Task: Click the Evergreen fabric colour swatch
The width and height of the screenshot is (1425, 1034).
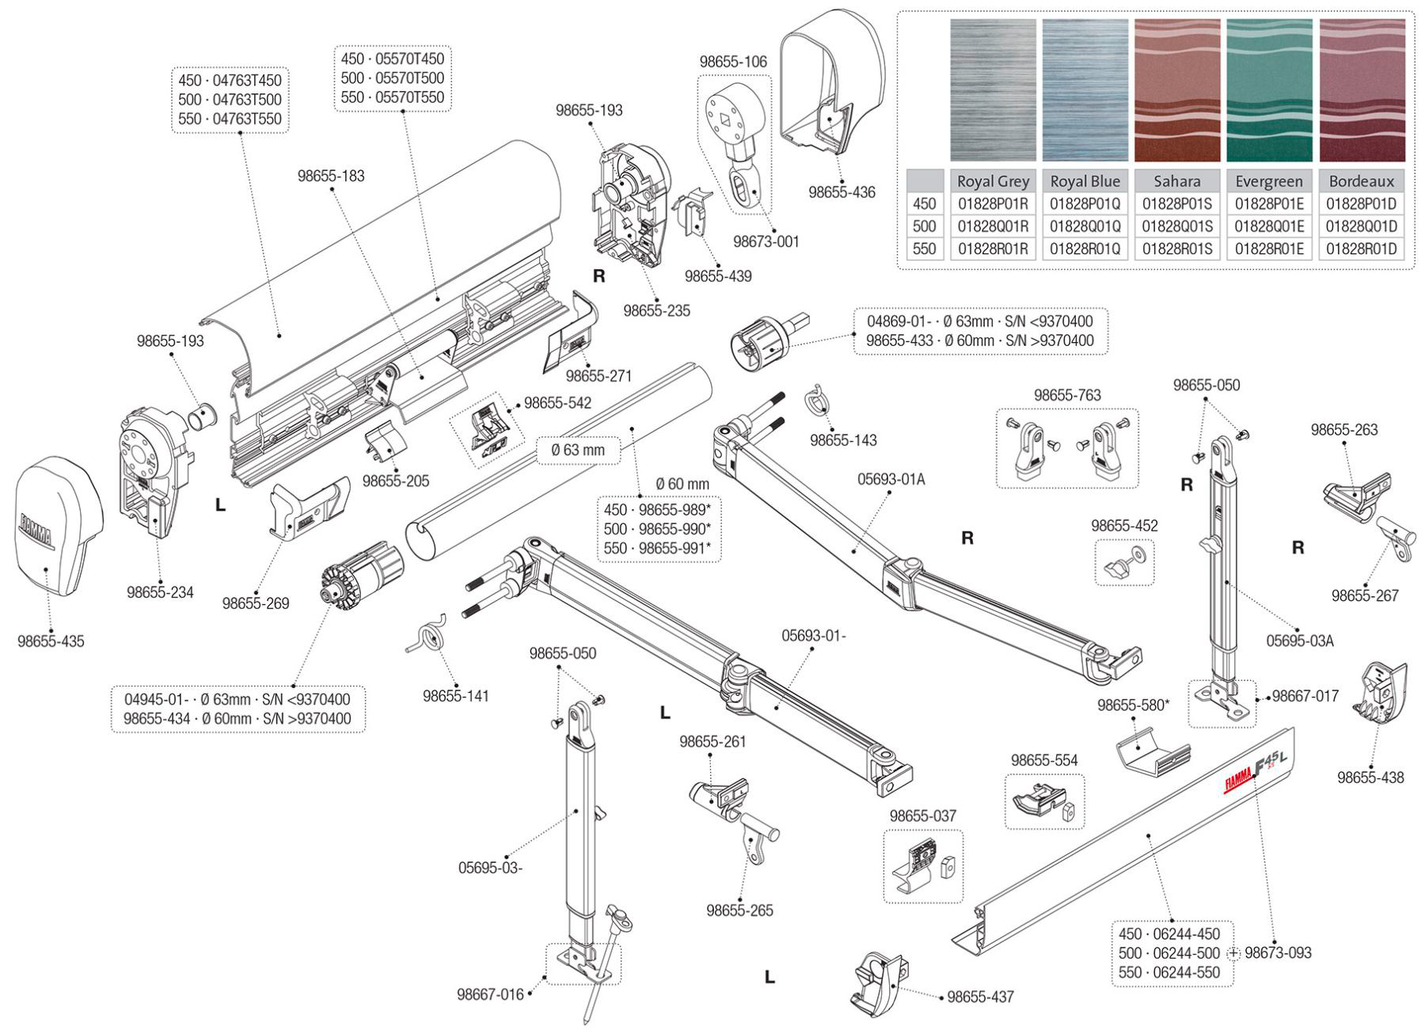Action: (x=1269, y=90)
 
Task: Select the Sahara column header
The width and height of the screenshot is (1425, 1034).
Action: (x=1176, y=181)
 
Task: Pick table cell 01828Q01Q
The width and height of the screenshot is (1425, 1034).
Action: (x=1085, y=226)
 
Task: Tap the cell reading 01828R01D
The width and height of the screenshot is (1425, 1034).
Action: (x=1361, y=249)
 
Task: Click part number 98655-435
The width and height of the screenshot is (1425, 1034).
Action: (x=51, y=641)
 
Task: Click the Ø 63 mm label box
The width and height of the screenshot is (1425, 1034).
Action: (x=578, y=450)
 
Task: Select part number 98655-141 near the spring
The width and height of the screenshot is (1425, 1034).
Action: (x=455, y=696)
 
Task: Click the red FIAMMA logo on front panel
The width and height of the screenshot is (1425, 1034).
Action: (x=1238, y=781)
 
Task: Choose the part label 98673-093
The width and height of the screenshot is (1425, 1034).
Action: (x=1278, y=952)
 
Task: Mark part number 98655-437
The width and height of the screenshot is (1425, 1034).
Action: (x=980, y=997)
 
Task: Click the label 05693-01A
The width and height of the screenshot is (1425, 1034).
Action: (x=891, y=479)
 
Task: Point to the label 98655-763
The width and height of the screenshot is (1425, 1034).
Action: (x=1066, y=395)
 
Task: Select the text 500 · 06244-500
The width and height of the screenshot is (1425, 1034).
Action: (x=1169, y=953)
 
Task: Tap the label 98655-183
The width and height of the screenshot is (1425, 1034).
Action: (x=331, y=176)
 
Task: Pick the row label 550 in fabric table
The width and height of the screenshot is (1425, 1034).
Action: (x=924, y=249)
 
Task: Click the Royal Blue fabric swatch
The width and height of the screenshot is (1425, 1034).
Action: (x=1085, y=90)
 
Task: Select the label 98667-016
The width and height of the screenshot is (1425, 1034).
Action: (x=490, y=994)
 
